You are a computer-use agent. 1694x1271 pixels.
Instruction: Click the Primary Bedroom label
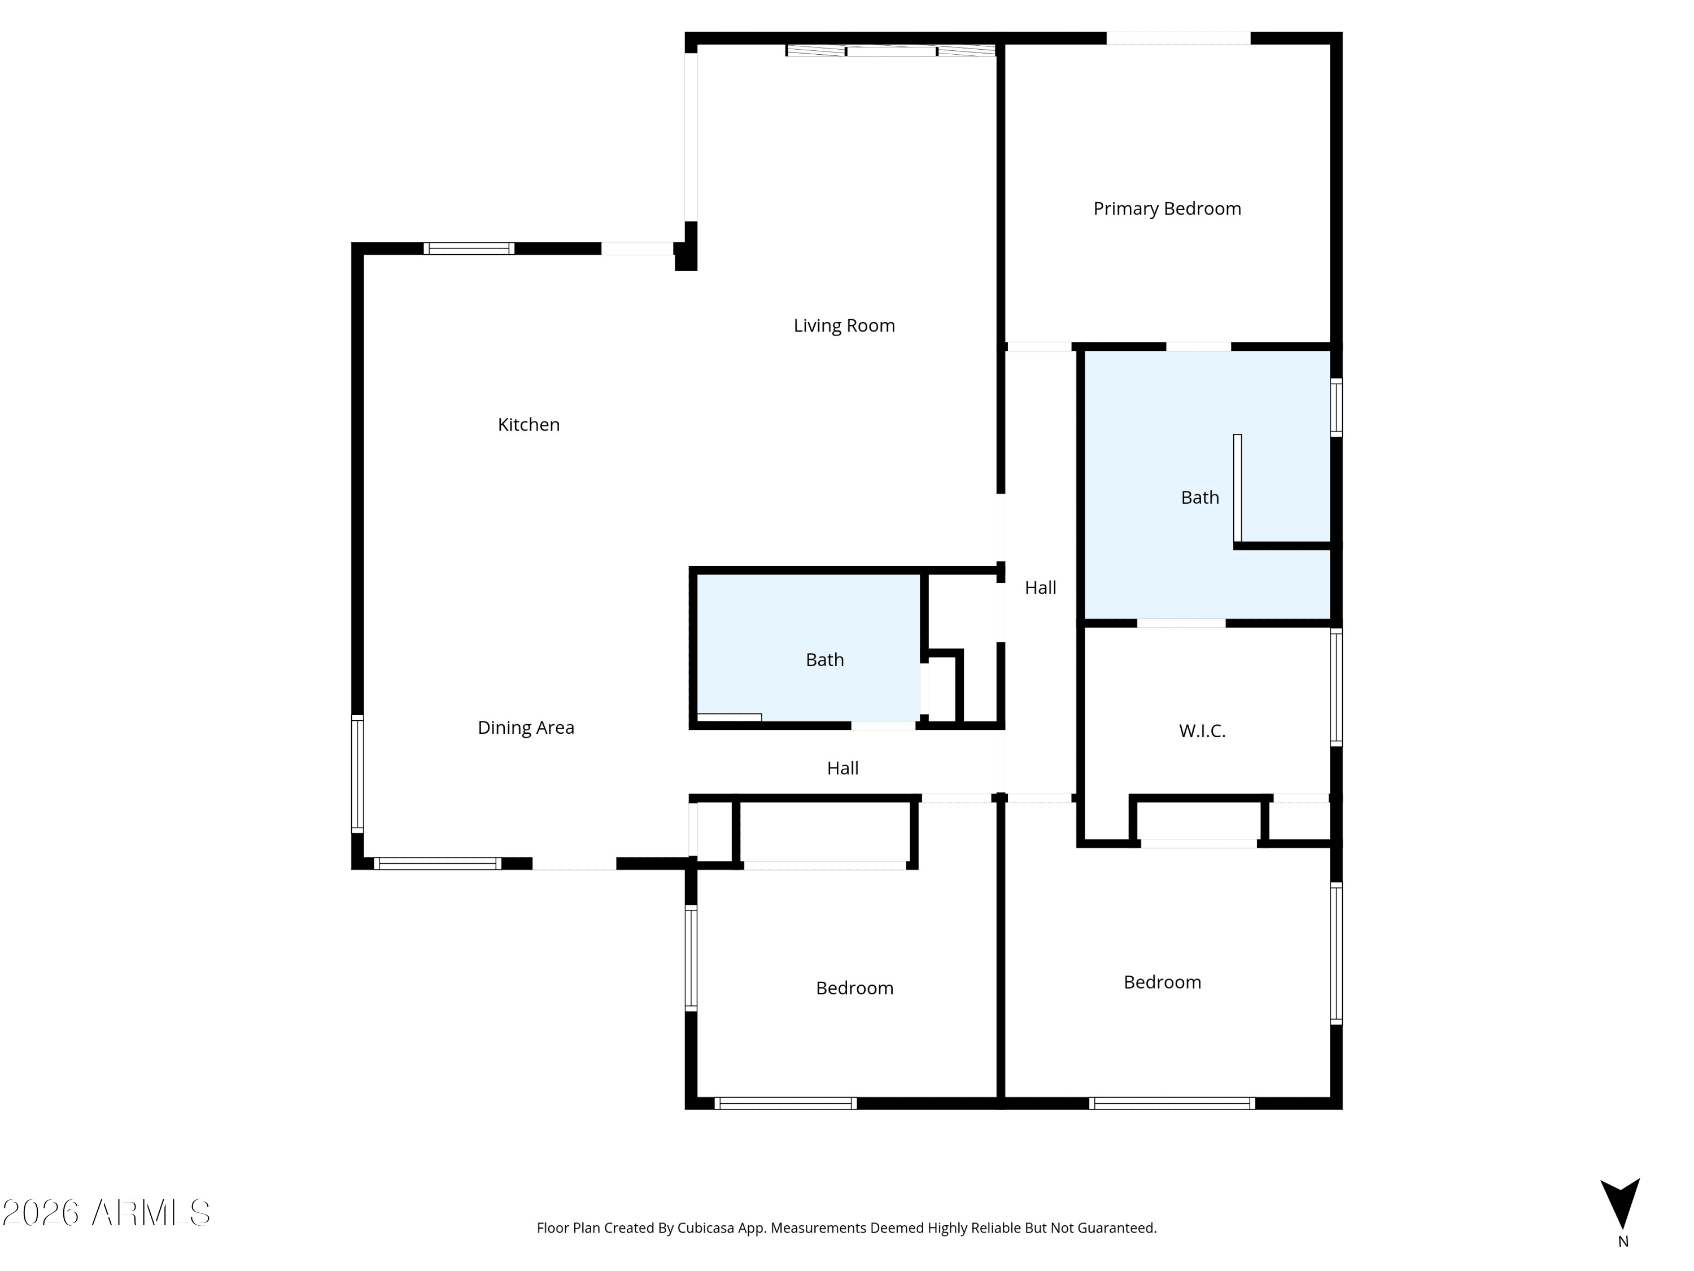point(1167,208)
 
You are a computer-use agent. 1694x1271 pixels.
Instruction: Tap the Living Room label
point(844,325)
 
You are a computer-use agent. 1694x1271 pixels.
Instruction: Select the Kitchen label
point(529,424)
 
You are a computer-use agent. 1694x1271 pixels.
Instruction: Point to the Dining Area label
point(526,728)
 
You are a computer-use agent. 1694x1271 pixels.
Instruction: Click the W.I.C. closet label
point(1202,732)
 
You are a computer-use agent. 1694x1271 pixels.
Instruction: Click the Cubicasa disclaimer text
point(846,1228)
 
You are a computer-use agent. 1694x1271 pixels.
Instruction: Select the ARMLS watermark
point(107,1213)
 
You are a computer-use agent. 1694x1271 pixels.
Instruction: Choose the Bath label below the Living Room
point(825,660)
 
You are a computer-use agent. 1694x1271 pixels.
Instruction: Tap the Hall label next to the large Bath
point(1041,587)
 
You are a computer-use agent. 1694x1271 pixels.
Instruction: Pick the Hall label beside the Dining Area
point(842,768)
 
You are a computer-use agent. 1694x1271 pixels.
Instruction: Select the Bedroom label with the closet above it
point(855,989)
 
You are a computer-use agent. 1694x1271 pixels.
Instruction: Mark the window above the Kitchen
point(469,248)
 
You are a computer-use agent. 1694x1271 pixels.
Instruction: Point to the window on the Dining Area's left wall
point(357,774)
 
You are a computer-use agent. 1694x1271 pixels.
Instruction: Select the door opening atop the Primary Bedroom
point(1178,38)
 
